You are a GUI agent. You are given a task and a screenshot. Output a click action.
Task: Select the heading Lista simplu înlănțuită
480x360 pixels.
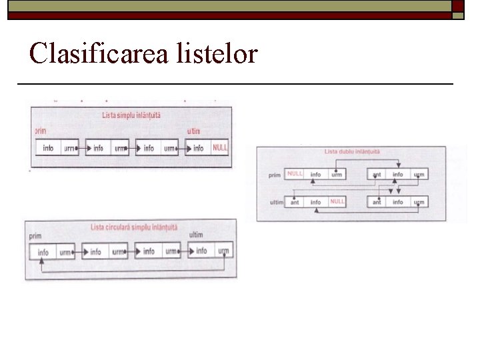pyautogui.click(x=131, y=115)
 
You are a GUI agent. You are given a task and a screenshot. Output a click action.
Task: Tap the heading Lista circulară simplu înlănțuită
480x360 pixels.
pyautogui.click(x=134, y=227)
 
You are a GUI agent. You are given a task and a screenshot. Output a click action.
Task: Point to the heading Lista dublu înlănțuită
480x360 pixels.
pyautogui.click(x=352, y=151)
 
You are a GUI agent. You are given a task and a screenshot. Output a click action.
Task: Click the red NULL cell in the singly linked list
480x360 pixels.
pyautogui.click(x=220, y=147)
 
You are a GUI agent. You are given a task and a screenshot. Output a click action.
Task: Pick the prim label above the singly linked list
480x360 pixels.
pyautogui.click(x=41, y=131)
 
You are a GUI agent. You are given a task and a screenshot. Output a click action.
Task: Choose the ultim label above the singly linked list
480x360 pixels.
pyautogui.click(x=194, y=131)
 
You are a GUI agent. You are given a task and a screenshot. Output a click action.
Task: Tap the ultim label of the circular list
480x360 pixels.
pyautogui.click(x=196, y=235)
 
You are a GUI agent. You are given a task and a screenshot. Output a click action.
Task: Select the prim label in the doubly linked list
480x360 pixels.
pyautogui.click(x=274, y=175)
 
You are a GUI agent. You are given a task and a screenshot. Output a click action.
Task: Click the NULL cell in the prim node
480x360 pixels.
pyautogui.click(x=295, y=174)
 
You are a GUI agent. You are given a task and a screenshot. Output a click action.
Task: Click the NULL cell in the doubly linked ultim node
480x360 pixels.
pyautogui.click(x=337, y=201)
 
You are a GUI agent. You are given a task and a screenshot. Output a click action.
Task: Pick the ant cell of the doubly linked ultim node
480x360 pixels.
pyautogui.click(x=295, y=202)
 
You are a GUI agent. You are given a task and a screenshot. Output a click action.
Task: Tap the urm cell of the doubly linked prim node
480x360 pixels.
pyautogui.click(x=337, y=175)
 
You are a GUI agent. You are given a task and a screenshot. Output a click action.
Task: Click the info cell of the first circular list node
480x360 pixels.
pyautogui.click(x=43, y=253)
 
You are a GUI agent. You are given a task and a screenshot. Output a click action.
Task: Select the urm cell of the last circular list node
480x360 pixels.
pyautogui.click(x=223, y=251)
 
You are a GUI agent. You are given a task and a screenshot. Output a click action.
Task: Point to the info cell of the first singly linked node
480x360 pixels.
pyautogui.click(x=48, y=148)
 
